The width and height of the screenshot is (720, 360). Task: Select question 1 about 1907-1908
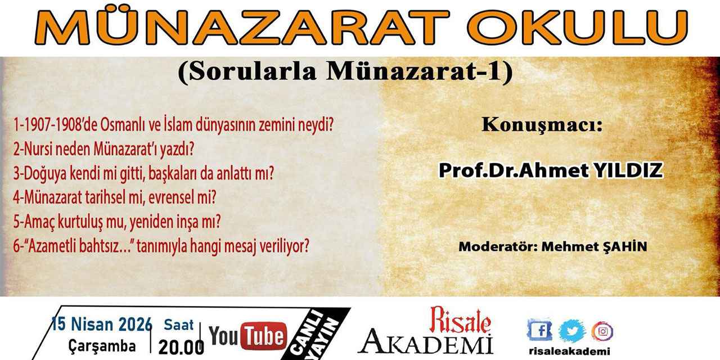pos(179,125)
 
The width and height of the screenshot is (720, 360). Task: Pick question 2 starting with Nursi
pos(104,149)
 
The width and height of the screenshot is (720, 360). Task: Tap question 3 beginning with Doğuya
pos(143,173)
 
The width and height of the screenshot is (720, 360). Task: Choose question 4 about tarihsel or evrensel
pos(115,197)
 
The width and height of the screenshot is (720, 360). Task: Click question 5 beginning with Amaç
pos(116,222)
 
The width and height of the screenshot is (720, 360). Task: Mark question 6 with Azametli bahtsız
pos(161,246)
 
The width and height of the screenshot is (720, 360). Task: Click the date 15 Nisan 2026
pos(102,324)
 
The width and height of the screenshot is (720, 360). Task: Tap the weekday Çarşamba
pos(102,346)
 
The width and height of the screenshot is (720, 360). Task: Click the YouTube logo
pos(247,337)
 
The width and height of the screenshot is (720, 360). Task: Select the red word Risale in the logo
pos(460,321)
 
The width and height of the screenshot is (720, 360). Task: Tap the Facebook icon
pos(539,330)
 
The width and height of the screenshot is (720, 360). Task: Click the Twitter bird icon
pos(572,330)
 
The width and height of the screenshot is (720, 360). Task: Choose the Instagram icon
pos(602,330)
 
